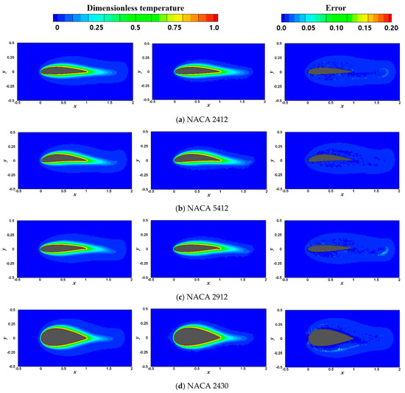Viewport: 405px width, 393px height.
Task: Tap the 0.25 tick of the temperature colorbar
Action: click(x=96, y=27)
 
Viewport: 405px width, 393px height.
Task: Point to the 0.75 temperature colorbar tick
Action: click(x=175, y=27)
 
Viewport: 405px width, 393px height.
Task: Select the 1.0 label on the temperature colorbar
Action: click(x=214, y=27)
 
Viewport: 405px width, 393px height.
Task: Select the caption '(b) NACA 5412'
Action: click(x=202, y=208)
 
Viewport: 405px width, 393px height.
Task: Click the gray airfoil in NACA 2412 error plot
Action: click(x=328, y=71)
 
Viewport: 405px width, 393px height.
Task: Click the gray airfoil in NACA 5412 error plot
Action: click(x=327, y=157)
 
